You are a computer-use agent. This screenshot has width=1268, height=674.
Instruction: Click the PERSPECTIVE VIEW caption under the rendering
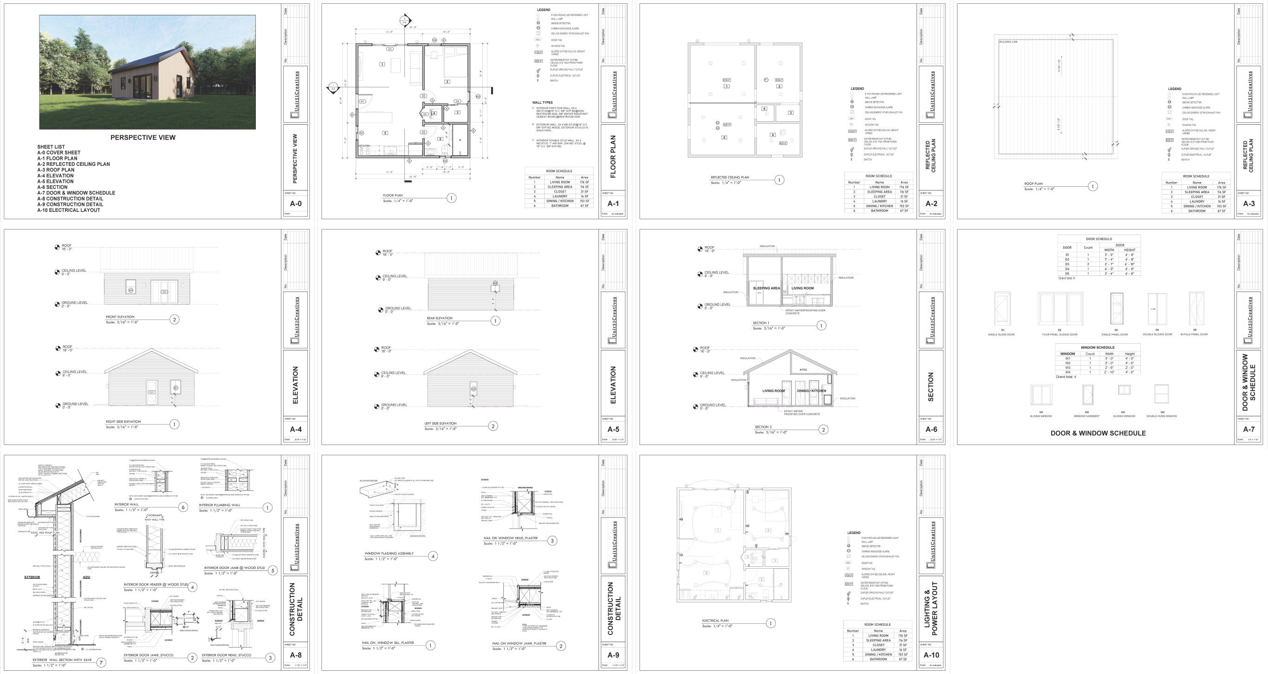143,137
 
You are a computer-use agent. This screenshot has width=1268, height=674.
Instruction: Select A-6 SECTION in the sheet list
52,187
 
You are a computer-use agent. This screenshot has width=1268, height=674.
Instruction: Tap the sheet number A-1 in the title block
613,204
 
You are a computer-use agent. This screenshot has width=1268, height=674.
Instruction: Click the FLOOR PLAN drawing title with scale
393,196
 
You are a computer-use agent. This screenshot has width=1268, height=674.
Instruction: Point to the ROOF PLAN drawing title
1033,183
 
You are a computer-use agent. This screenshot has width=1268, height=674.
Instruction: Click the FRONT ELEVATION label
120,317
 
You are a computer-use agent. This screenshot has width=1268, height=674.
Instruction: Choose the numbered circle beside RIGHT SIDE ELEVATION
174,424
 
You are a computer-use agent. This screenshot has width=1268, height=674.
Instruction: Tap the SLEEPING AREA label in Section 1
766,288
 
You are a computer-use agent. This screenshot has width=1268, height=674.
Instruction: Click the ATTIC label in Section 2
803,370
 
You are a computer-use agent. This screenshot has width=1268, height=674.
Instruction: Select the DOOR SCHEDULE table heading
1099,239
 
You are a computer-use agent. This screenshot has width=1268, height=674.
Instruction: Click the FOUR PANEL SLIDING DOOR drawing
1060,309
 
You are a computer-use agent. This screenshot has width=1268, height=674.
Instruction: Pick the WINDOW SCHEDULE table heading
1098,347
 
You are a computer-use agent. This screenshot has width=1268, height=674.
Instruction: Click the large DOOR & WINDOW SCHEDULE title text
1098,433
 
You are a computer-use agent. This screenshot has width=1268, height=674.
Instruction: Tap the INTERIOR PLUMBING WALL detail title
219,505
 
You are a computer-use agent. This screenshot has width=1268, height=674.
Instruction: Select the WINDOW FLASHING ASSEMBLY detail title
389,553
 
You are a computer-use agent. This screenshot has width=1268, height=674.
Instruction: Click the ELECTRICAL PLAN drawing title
715,621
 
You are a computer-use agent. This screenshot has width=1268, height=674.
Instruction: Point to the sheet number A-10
931,655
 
